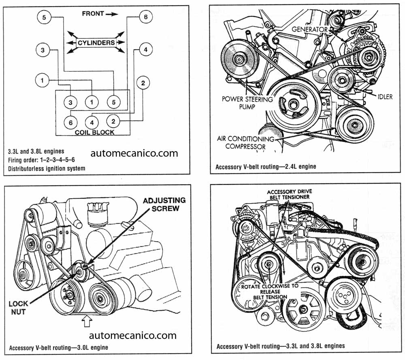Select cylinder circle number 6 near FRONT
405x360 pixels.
145,17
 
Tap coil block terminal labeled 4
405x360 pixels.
92,121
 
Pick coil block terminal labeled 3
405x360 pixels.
70,103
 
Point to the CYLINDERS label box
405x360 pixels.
96,42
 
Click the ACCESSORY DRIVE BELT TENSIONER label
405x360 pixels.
288,194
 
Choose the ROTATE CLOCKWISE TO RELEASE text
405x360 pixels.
270,291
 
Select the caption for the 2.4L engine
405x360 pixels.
266,166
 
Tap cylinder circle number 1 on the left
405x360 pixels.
42,80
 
